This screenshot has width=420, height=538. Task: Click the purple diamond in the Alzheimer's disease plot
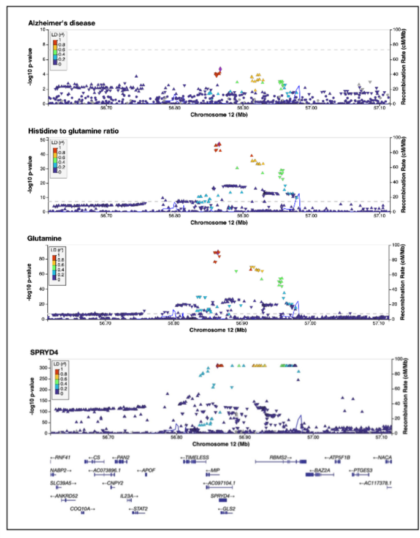220,69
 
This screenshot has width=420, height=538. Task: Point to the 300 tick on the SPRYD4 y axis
42,367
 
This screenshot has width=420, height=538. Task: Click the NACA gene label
384,457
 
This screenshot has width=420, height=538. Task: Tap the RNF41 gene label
62,457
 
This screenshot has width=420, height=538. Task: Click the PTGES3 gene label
361,470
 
